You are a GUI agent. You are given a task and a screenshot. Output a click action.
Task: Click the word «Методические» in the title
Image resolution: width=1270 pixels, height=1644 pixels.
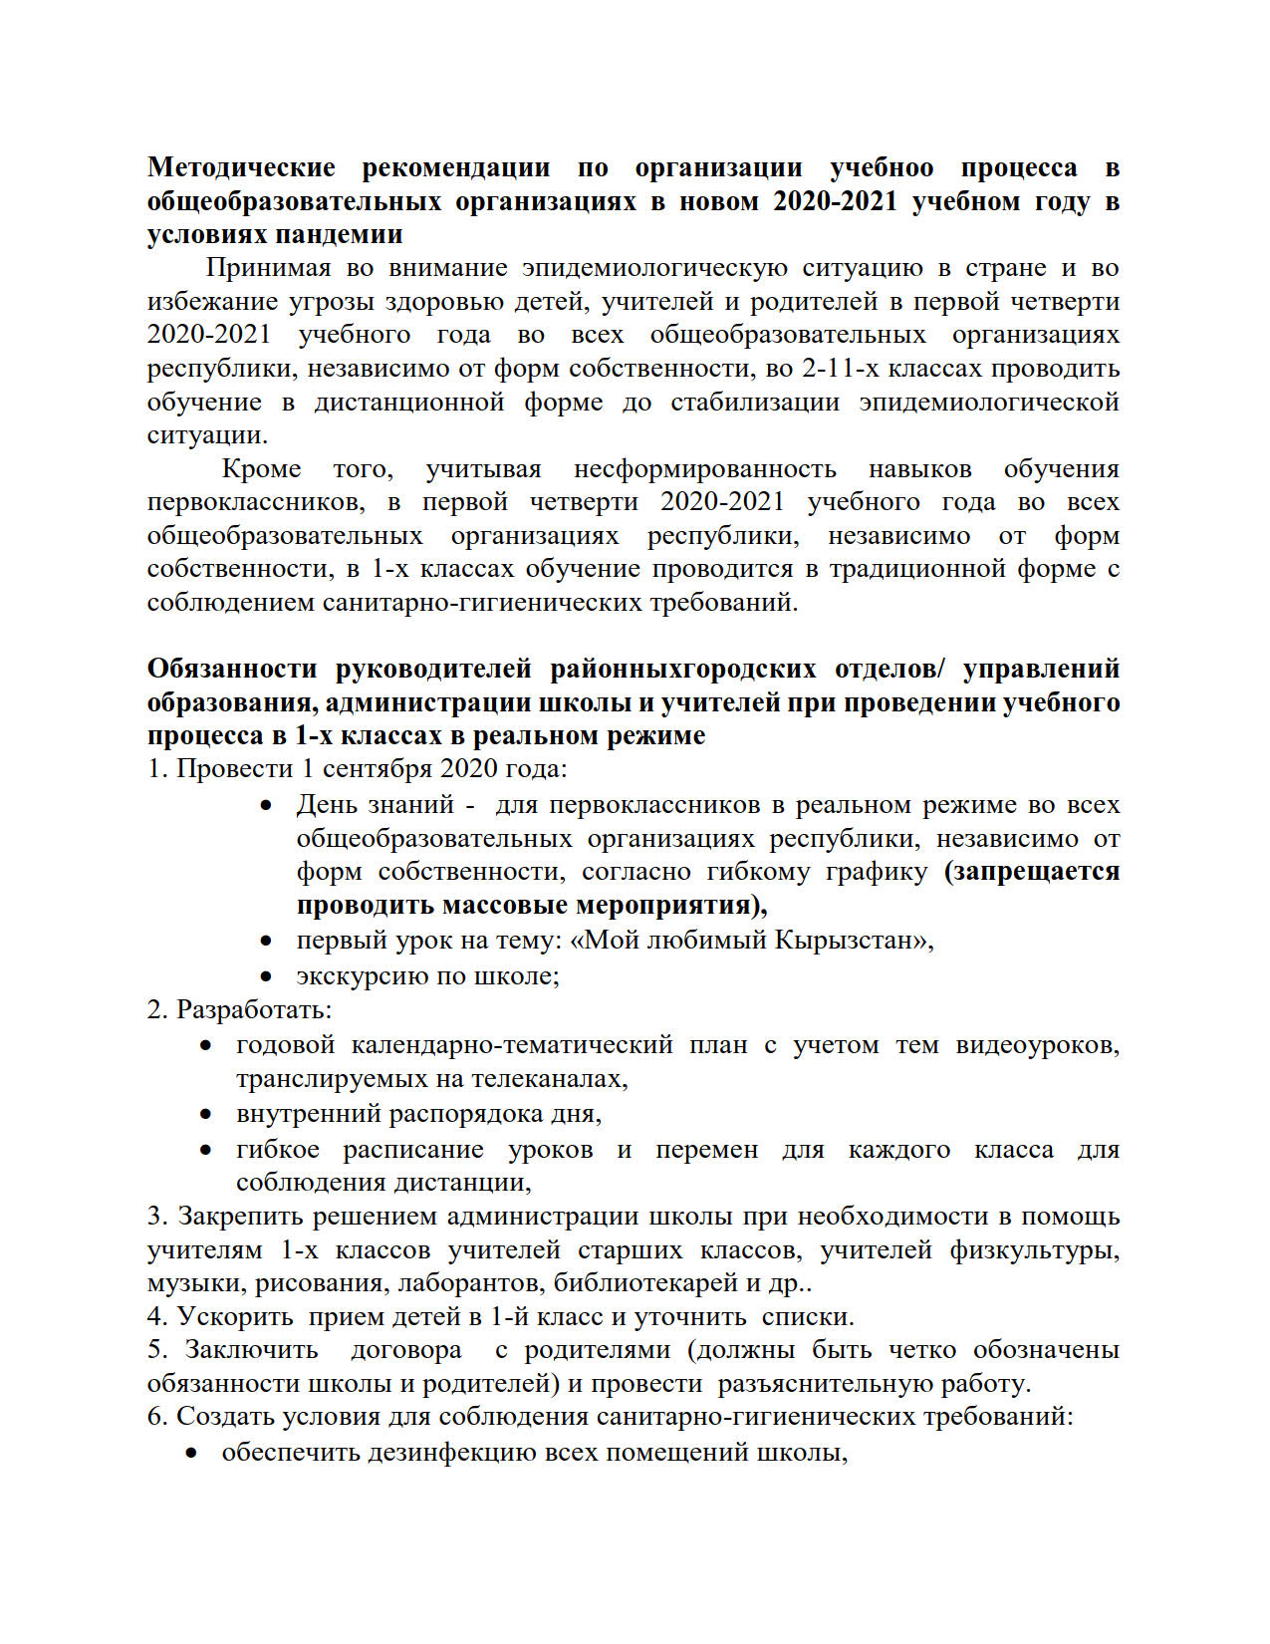click(x=241, y=167)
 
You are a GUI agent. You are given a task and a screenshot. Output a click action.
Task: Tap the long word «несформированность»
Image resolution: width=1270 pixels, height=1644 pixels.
click(x=704, y=468)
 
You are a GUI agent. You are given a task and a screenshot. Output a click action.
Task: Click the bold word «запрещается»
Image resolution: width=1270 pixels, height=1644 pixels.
click(x=1032, y=871)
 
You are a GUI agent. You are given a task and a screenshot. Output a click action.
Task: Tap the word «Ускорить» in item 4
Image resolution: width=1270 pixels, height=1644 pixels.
click(x=235, y=1316)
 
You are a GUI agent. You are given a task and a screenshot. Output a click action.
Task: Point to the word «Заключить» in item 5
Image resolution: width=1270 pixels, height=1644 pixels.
click(x=252, y=1350)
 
